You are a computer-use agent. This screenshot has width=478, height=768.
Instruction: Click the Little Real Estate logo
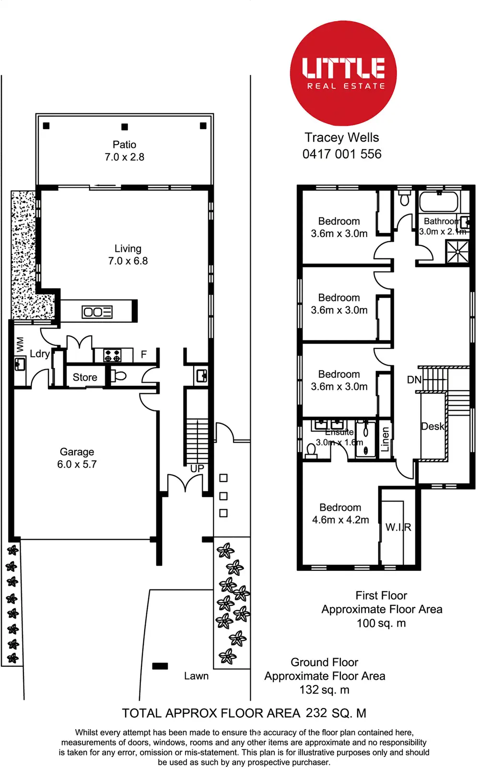pyautogui.click(x=343, y=73)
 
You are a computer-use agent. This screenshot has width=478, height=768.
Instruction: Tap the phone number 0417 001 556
pyautogui.click(x=342, y=154)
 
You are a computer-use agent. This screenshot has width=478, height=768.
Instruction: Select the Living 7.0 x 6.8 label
pyautogui.click(x=128, y=255)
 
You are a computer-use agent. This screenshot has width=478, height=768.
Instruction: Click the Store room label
pyautogui.click(x=85, y=377)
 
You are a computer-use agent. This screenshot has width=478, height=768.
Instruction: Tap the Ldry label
pyautogui.click(x=40, y=354)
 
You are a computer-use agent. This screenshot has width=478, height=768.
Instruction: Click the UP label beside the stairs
pyautogui.click(x=197, y=468)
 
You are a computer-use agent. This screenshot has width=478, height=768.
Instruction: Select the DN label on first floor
pyautogui.click(x=414, y=380)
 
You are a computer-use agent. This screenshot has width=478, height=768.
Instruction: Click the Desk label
pyautogui.click(x=432, y=426)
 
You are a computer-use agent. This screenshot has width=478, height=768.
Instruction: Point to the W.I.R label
pyautogui.click(x=398, y=527)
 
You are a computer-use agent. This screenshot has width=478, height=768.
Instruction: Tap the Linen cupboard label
pyautogui.click(x=385, y=440)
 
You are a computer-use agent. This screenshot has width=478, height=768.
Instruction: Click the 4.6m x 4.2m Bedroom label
pyautogui.click(x=340, y=514)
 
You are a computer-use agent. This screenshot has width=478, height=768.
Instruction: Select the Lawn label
pyautogui.click(x=196, y=676)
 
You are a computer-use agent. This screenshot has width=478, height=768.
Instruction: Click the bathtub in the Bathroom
pyautogui.click(x=439, y=202)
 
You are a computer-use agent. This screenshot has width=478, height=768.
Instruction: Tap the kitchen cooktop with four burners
pyautogui.click(x=113, y=356)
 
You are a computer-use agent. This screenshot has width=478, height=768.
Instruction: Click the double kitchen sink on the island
pyautogui.click(x=97, y=312)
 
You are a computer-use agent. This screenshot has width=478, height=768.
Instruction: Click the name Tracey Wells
pyautogui.click(x=341, y=138)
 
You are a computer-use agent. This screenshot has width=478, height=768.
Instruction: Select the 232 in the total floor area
pyautogui.click(x=316, y=713)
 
